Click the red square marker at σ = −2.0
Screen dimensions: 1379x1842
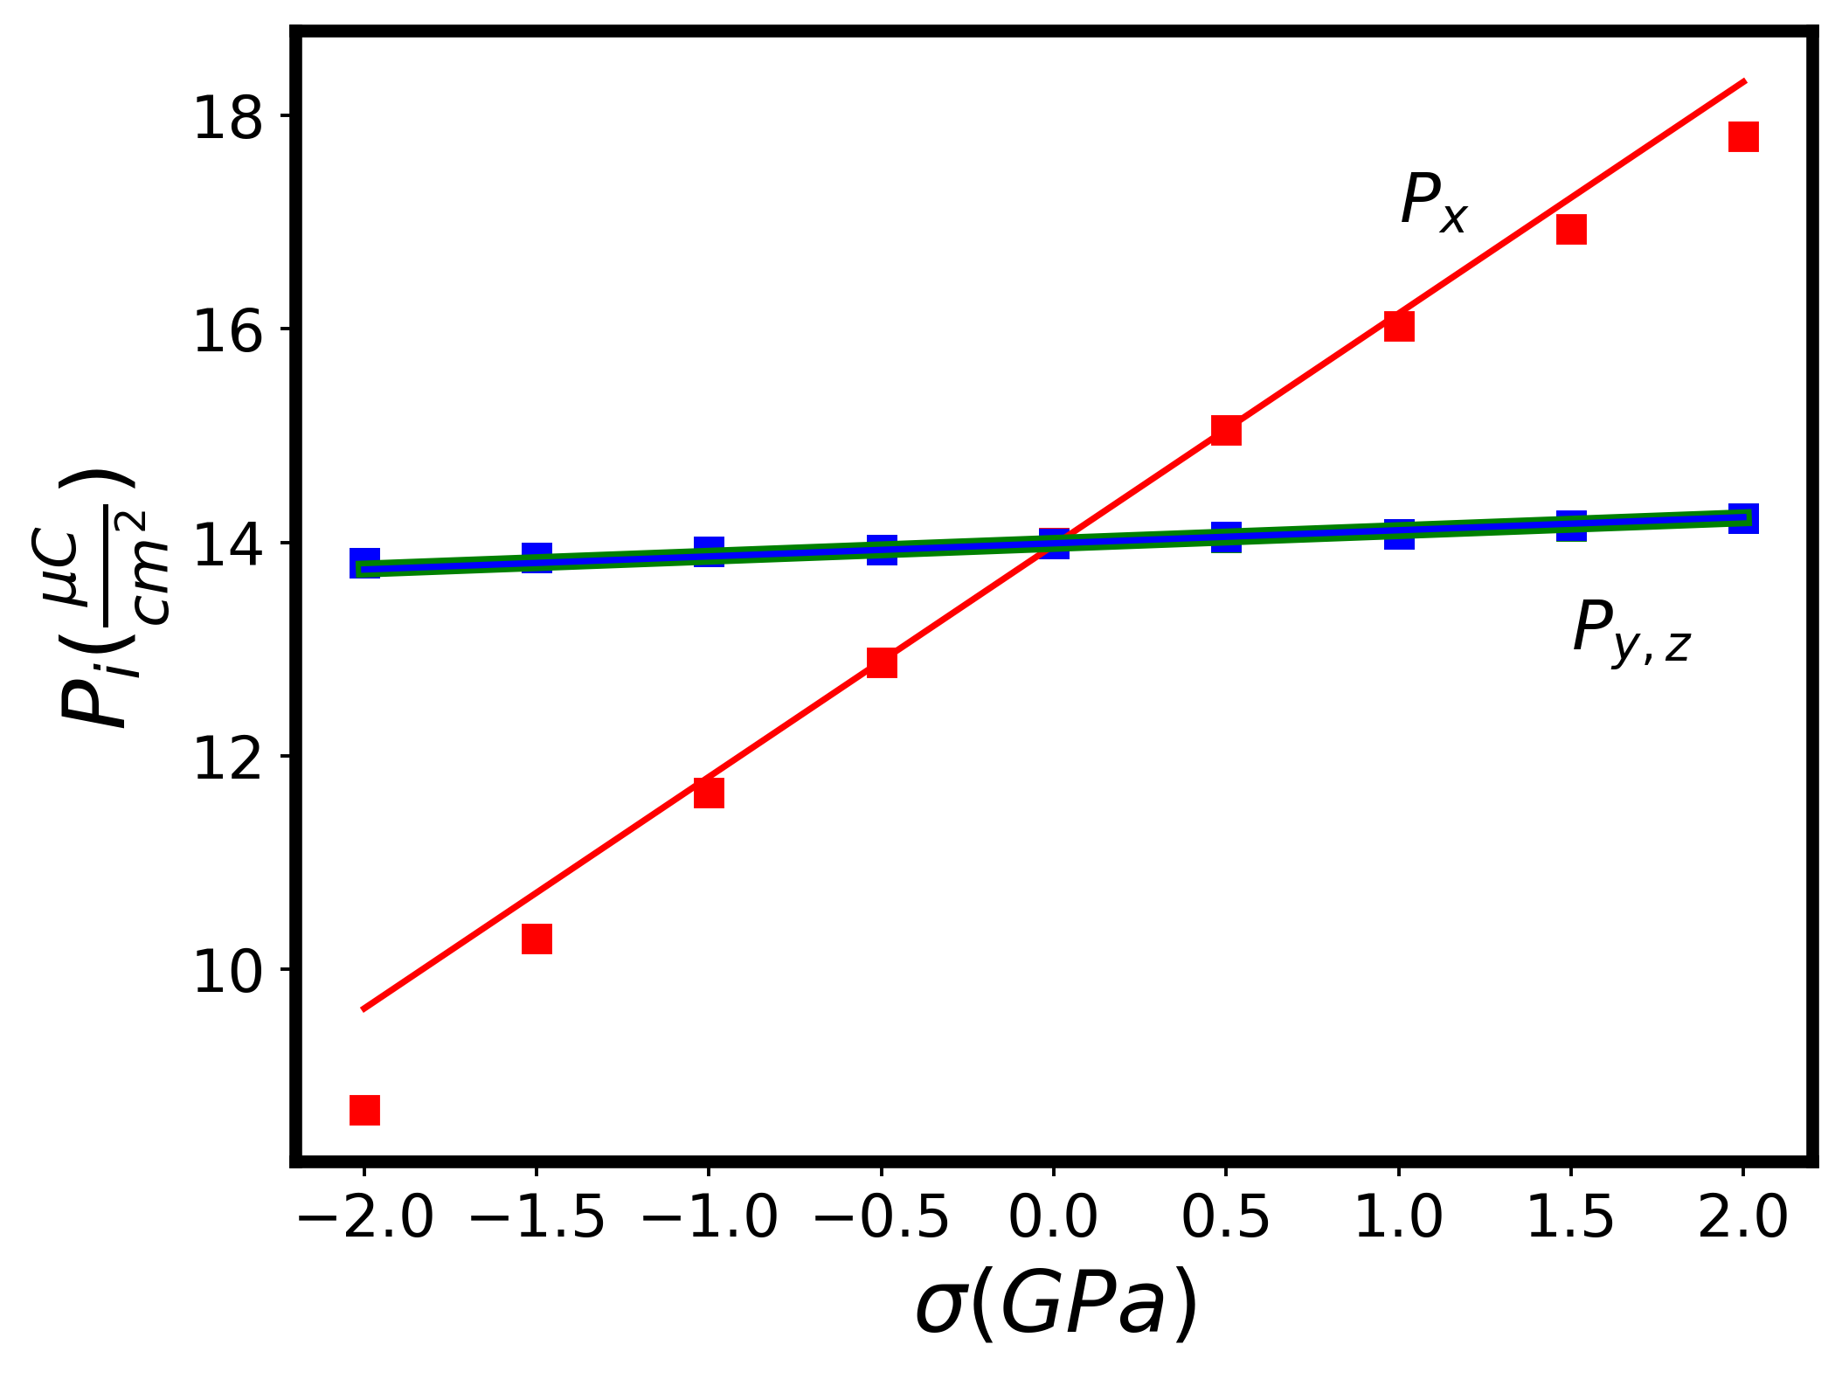(364, 1110)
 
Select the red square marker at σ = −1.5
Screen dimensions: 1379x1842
(537, 939)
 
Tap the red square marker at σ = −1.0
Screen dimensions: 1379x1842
(709, 793)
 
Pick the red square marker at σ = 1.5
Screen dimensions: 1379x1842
(1571, 229)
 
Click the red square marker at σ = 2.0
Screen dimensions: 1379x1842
(1743, 136)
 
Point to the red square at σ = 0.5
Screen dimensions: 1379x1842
(1226, 430)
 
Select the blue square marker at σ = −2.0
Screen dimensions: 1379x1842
(364, 563)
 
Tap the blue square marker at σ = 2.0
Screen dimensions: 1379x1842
(1743, 518)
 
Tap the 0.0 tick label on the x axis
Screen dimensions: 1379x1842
(1053, 1216)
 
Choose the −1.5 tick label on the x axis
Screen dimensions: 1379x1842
(537, 1216)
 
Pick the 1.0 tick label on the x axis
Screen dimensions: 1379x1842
(1398, 1216)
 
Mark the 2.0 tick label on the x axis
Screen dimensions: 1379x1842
(1743, 1216)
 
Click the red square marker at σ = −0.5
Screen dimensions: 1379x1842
(882, 662)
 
